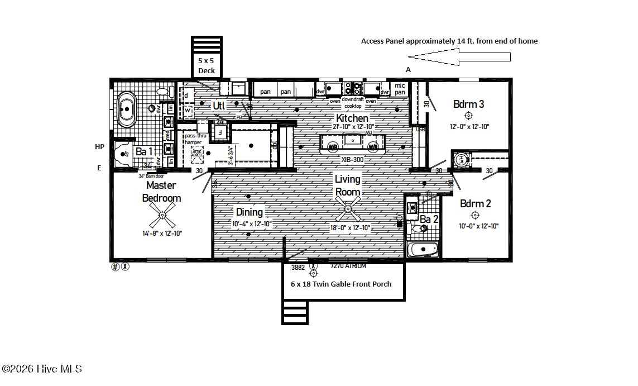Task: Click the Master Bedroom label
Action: [x=161, y=191]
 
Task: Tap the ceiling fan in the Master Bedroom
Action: [x=162, y=215]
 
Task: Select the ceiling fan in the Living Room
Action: [x=348, y=209]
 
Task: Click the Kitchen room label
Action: [x=352, y=118]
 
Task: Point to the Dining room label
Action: [x=249, y=212]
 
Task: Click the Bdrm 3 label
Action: [x=468, y=104]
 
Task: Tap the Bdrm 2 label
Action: [x=475, y=203]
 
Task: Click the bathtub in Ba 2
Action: [x=424, y=249]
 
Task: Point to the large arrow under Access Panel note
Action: [x=459, y=56]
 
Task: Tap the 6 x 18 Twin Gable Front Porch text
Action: [x=341, y=284]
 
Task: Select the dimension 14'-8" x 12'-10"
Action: [x=162, y=233]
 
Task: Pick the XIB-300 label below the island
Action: [x=352, y=159]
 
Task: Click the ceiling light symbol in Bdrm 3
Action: [x=468, y=116]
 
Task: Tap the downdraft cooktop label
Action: [x=352, y=102]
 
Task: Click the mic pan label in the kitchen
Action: [x=400, y=89]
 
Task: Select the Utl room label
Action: [x=219, y=105]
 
